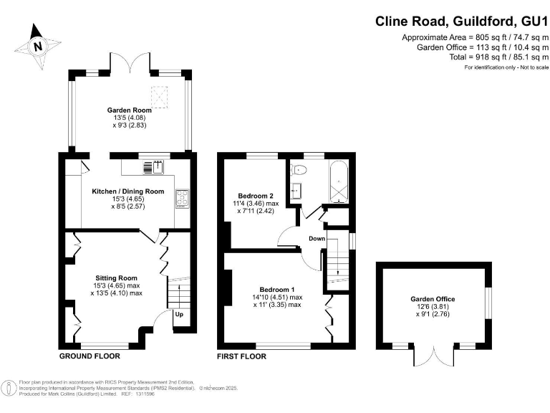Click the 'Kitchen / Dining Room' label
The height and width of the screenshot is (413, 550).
pyautogui.click(x=128, y=191)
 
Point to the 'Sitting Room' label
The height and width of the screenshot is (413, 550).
pyautogui.click(x=116, y=277)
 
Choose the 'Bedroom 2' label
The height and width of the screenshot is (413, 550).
pyautogui.click(x=256, y=195)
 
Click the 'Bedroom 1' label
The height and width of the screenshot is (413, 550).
pyautogui.click(x=276, y=290)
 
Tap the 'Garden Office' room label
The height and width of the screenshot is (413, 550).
pyautogui.click(x=433, y=299)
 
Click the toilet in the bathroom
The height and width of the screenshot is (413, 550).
pyautogui.click(x=300, y=169)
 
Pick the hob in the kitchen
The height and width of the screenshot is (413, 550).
pyautogui.click(x=181, y=198)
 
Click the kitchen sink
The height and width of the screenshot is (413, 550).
pyautogui.click(x=158, y=167)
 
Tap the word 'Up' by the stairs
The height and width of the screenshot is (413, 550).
pyautogui.click(x=178, y=315)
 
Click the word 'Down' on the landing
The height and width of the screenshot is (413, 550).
pyautogui.click(x=317, y=238)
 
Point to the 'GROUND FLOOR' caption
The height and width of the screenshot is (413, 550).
pyautogui.click(x=90, y=356)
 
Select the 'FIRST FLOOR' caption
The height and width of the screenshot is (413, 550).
pyautogui.click(x=241, y=356)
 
